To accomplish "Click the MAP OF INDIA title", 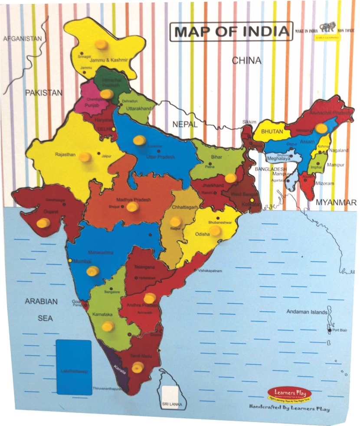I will [232, 32].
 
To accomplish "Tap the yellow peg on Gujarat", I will [43, 223].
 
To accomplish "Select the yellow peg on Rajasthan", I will [85, 157].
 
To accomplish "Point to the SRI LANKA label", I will [171, 404].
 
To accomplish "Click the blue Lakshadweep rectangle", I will [74, 367].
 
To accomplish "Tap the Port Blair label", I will [341, 331].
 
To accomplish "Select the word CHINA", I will [246, 60].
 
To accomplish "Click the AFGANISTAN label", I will [22, 39].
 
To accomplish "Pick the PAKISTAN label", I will [43, 92].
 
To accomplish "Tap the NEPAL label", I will [185, 124].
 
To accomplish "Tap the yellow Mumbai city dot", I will [70, 260].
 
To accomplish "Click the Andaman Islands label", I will [306, 312].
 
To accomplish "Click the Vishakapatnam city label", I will [210, 271].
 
